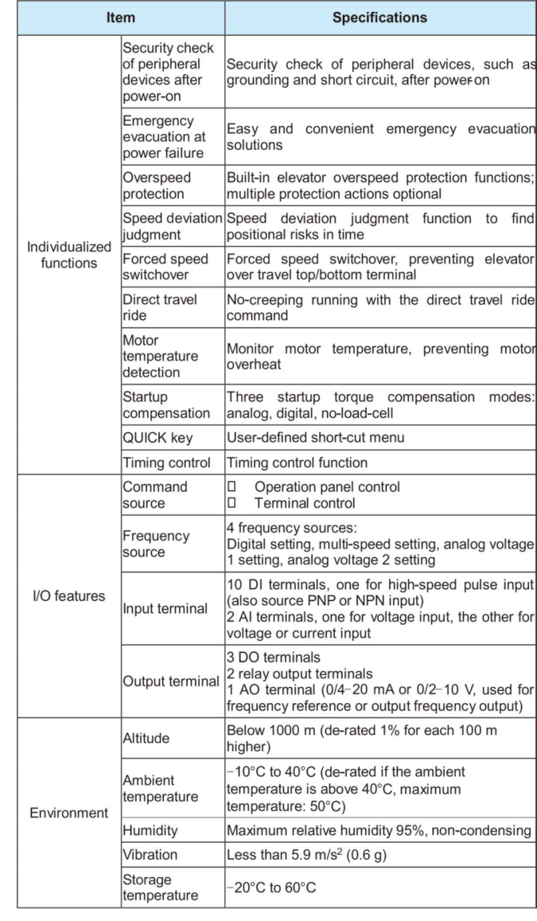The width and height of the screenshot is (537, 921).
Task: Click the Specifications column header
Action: (380, 16)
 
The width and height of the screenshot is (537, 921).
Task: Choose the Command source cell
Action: (154, 493)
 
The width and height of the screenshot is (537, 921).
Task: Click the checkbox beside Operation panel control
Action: (231, 486)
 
